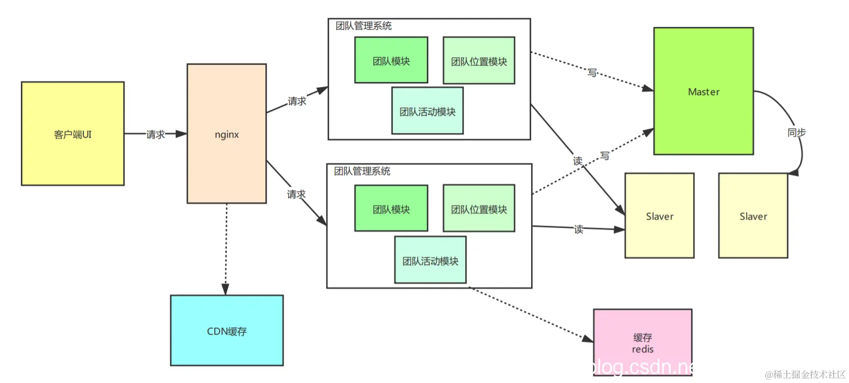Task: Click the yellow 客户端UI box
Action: click(x=72, y=134)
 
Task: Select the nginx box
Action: click(x=226, y=134)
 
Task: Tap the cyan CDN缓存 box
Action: click(x=226, y=330)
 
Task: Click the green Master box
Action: click(x=703, y=91)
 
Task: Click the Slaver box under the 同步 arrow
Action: click(x=752, y=216)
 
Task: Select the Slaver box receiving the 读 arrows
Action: click(x=659, y=216)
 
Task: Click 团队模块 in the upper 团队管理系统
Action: click(x=391, y=60)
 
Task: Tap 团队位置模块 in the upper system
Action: click(x=478, y=61)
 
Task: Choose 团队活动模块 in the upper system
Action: click(x=427, y=111)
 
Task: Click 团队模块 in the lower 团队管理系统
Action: click(x=391, y=208)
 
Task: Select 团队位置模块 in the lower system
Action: click(x=478, y=208)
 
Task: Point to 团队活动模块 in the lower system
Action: click(x=430, y=260)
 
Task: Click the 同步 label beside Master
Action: click(x=796, y=132)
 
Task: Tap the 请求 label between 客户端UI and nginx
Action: click(x=155, y=134)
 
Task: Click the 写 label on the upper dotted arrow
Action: click(x=592, y=72)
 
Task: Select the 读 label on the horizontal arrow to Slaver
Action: click(x=578, y=229)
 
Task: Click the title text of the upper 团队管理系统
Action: click(x=363, y=26)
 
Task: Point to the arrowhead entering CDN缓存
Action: click(x=225, y=289)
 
